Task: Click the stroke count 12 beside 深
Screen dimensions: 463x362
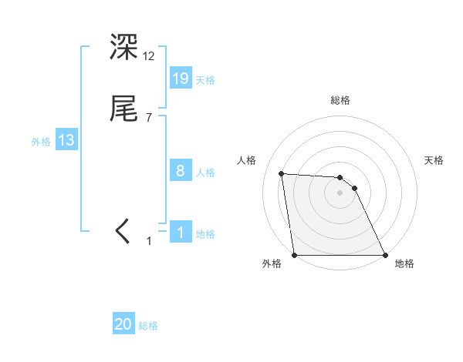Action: pyautogui.click(x=149, y=56)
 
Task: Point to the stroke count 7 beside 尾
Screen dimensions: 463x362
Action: pyautogui.click(x=149, y=118)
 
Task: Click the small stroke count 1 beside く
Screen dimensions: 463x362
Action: pyautogui.click(x=150, y=241)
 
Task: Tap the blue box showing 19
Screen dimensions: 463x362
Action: pyautogui.click(x=181, y=79)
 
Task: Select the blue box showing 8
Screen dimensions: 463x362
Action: pyautogui.click(x=181, y=171)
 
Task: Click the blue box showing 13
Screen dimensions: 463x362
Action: pyautogui.click(x=66, y=141)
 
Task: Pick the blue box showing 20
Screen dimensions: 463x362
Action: pyautogui.click(x=123, y=325)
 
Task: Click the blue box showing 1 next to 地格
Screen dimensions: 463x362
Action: pyautogui.click(x=181, y=233)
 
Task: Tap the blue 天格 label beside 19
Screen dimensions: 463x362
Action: pyautogui.click(x=205, y=80)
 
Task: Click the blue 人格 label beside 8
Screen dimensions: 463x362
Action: pyautogui.click(x=205, y=173)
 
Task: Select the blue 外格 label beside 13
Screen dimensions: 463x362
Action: pyautogui.click(x=41, y=142)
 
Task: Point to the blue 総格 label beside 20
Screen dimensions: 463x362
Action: pyautogui.click(x=148, y=327)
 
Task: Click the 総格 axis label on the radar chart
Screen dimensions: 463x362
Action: pyautogui.click(x=340, y=100)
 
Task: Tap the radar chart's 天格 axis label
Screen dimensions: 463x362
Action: pyautogui.click(x=434, y=160)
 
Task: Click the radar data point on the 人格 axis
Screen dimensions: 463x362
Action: pyautogui.click(x=282, y=173)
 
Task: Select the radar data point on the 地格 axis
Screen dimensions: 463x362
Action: pyautogui.click(x=384, y=254)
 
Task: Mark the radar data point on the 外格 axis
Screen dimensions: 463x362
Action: pyautogui.click(x=295, y=254)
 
